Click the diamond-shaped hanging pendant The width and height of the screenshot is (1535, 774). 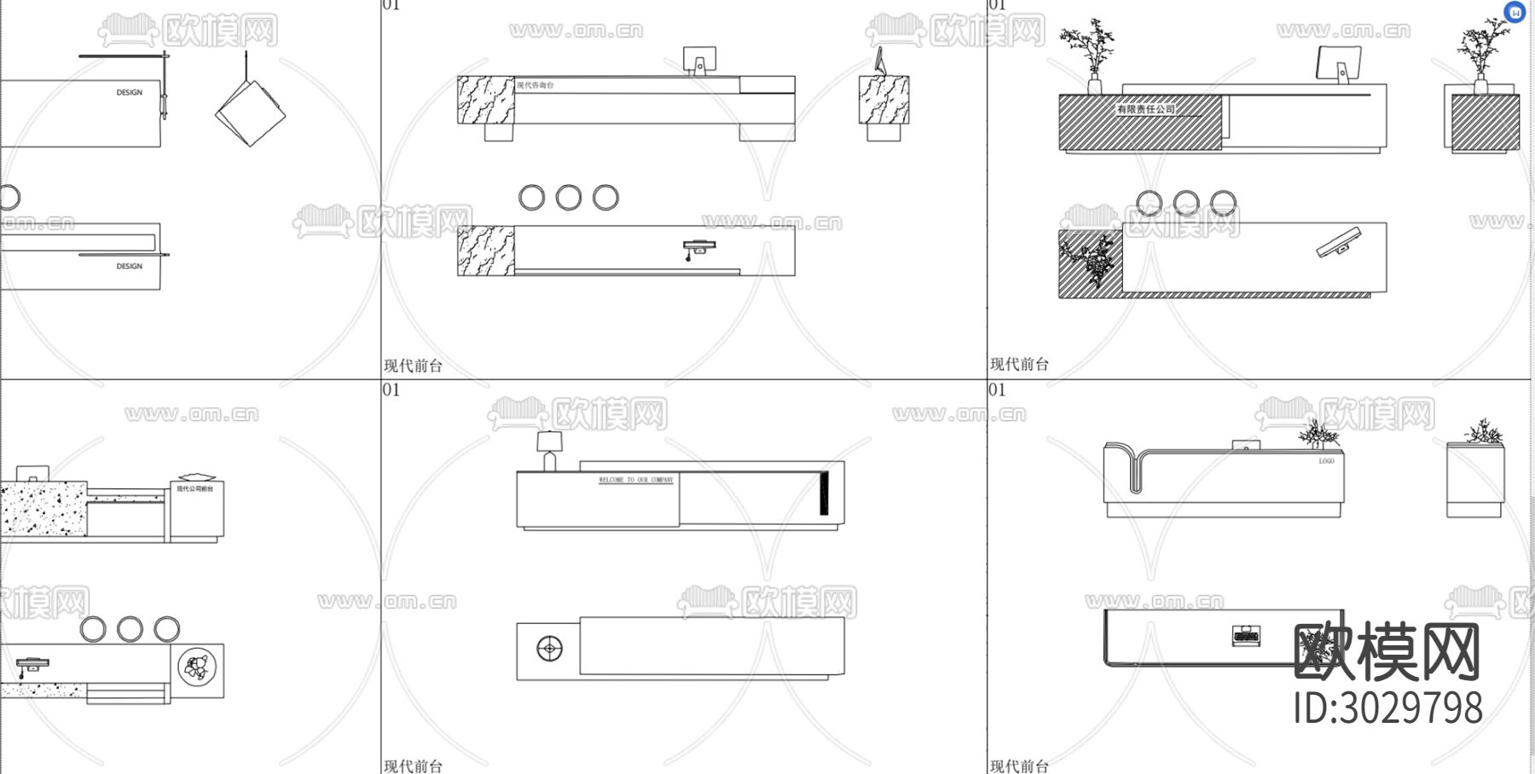(250, 113)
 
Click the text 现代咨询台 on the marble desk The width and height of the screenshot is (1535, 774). (536, 85)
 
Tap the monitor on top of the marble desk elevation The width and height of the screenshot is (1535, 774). (699, 60)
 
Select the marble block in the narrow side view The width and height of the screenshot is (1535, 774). (883, 100)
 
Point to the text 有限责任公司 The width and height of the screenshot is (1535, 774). (1145, 109)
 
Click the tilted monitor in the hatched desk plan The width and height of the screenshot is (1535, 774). (1338, 242)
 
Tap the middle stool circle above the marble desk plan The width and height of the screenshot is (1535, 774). (568, 198)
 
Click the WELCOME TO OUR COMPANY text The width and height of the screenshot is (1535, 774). (635, 480)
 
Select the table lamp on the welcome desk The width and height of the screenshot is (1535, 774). (549, 449)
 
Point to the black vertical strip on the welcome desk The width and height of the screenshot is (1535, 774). (824, 493)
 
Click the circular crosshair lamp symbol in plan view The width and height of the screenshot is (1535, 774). (549, 649)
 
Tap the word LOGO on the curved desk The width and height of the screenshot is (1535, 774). (1326, 461)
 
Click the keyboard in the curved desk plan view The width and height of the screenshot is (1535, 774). (1246, 636)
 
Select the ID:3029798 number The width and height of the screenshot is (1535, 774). (1388, 708)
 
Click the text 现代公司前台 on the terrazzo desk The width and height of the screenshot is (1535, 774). (195, 488)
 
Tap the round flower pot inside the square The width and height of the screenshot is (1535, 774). (197, 666)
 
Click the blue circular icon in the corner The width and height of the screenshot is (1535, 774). (1514, 13)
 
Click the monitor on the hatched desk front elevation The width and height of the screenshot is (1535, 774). (1338, 63)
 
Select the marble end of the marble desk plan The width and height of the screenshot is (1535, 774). (486, 251)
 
